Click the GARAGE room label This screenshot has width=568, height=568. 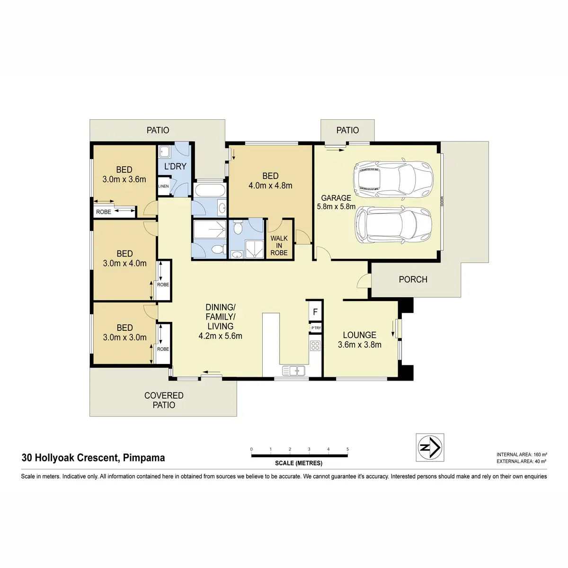tap(336, 198)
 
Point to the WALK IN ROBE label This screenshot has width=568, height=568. tap(279, 245)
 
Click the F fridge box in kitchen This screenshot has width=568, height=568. tap(315, 312)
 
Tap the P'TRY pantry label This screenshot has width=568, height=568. tap(315, 328)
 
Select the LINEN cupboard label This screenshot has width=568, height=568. tap(163, 186)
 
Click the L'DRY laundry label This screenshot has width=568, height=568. tap(175, 167)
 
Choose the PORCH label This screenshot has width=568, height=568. tap(413, 279)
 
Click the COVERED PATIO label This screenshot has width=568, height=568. tap(164, 400)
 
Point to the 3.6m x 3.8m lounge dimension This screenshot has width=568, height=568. tap(360, 345)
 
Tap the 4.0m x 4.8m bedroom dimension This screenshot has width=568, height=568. tap(270, 186)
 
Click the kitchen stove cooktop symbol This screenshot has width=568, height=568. tap(315, 346)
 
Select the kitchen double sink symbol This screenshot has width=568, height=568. tap(293, 370)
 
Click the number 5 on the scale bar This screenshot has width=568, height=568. tap(347, 449)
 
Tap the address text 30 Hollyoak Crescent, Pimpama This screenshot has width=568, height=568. tap(93, 458)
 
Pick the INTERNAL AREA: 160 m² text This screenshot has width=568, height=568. tap(522, 454)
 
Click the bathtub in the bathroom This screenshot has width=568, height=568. tap(208, 190)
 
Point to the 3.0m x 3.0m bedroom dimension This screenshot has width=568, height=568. tap(124, 337)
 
